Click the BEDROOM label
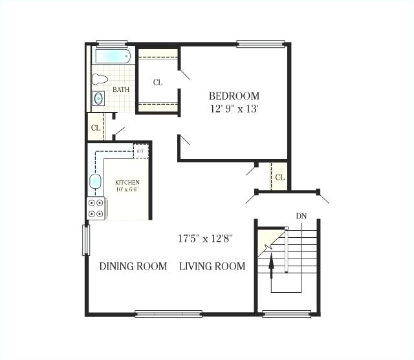(234, 96)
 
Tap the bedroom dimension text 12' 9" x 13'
(234, 109)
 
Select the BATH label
(121, 89)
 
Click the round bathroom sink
(99, 99)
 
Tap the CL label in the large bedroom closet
(158, 82)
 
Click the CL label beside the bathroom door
(96, 127)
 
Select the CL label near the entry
(279, 177)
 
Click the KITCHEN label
(127, 183)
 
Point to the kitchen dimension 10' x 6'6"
(127, 191)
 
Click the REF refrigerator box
(141, 151)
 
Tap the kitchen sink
(96, 182)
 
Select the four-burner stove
(96, 208)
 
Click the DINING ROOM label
(133, 266)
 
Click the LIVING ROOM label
(212, 266)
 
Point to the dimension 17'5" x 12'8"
(206, 238)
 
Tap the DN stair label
(301, 216)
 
